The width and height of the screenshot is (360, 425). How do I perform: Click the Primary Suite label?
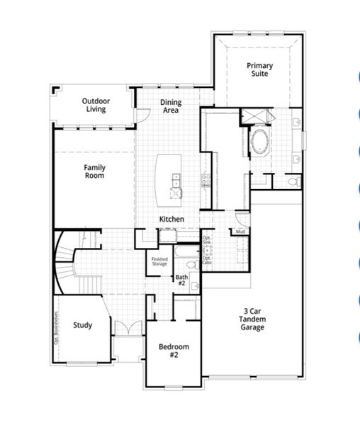pos(259,69)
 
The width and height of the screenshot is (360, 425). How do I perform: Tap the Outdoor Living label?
pos(96,105)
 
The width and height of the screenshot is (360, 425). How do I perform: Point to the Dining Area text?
pos(171,106)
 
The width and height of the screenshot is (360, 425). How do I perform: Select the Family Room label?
pos(94,171)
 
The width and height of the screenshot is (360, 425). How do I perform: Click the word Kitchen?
pos(171,220)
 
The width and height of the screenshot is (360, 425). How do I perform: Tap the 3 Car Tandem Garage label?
pos(252,319)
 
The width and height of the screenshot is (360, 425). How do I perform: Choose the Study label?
pos(82,326)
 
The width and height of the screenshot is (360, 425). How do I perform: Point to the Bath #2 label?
pos(181,280)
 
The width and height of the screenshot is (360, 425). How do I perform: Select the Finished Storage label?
pos(159,261)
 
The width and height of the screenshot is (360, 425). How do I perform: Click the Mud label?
pos(240,232)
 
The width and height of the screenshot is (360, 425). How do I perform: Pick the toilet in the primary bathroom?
pos(295,182)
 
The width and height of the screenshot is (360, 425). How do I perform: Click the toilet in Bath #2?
pos(195,284)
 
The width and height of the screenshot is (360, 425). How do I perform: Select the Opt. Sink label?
pos(207,240)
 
